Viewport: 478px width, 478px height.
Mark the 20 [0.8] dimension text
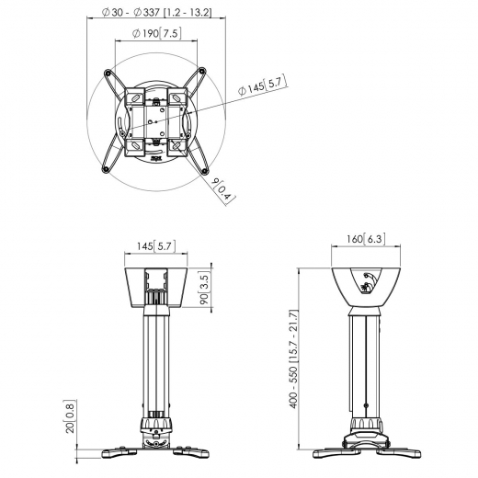coord(71,418)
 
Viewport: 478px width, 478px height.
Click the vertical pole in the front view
coord(156,358)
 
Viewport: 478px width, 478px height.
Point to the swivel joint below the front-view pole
coord(156,425)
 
